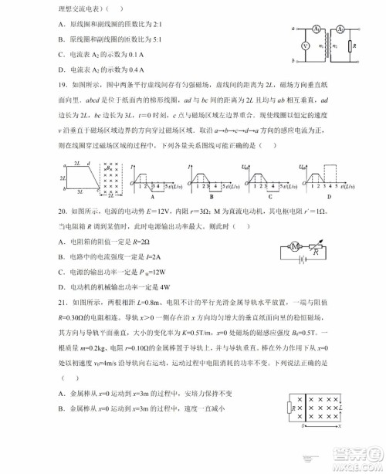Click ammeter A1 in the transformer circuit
(317, 29)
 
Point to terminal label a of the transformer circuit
(294, 29)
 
